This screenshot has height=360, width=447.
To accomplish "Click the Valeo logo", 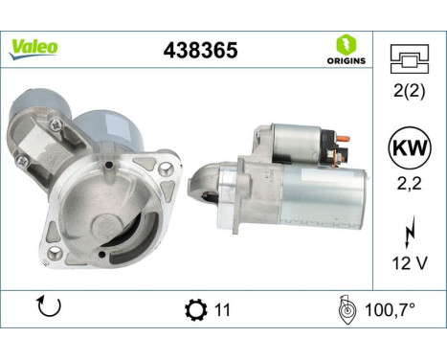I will pos(34,48).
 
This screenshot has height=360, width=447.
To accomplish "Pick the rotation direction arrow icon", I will pos(49,309).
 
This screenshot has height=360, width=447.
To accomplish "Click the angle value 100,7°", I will pos(391,310).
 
